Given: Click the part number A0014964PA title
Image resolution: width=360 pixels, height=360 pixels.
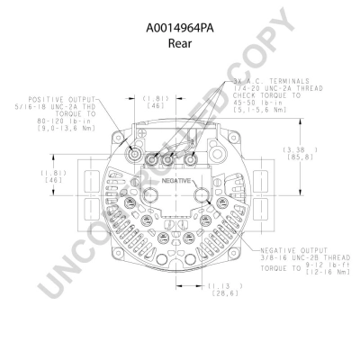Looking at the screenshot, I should click(x=180, y=11).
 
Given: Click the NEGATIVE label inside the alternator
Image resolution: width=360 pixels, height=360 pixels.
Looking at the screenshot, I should click(x=178, y=180).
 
